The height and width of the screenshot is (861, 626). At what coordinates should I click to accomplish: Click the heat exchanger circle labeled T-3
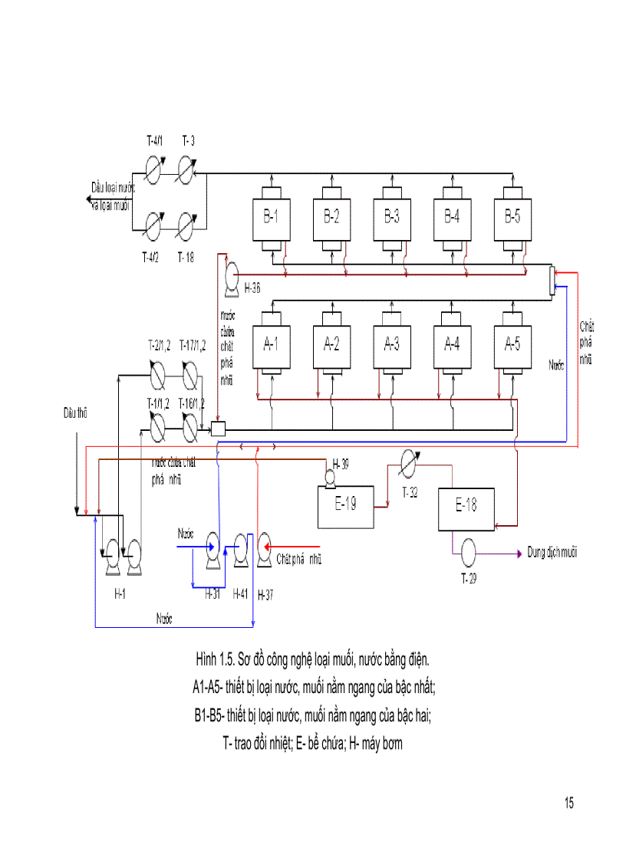pyautogui.click(x=187, y=170)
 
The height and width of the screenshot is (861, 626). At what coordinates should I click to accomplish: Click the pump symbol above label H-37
pyautogui.click(x=265, y=547)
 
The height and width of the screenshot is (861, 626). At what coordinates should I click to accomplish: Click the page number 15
pyautogui.click(x=568, y=803)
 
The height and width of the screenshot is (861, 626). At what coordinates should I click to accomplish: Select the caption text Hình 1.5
pyautogui.click(x=214, y=659)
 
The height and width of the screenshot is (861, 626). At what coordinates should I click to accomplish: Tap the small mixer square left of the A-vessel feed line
pyautogui.click(x=218, y=429)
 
